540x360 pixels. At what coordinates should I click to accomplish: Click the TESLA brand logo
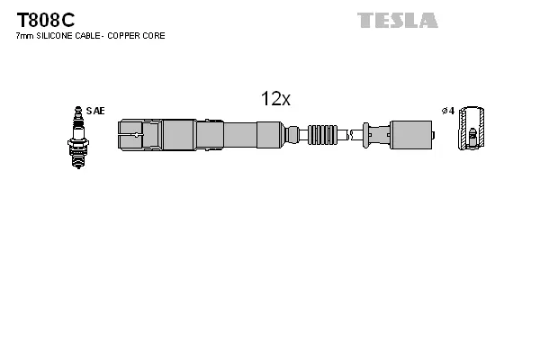point(397,20)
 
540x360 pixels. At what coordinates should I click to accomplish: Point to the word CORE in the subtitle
point(155,35)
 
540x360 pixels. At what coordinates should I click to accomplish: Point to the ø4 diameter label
point(446,111)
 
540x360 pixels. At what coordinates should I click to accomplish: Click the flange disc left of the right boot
point(365,136)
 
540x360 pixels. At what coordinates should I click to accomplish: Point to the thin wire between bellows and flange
point(351,136)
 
